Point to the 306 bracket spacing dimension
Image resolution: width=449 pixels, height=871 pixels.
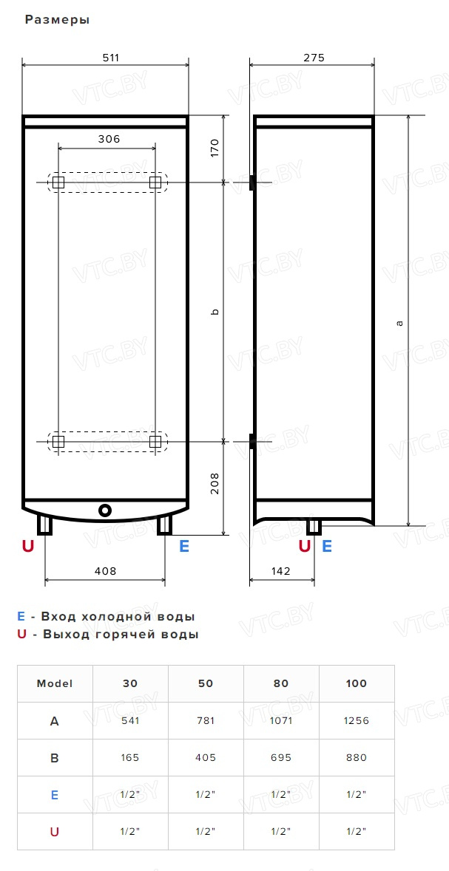[x=109, y=139]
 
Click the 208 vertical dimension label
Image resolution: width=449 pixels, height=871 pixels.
[x=215, y=483]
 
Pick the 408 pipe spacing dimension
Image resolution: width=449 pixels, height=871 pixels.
[x=105, y=570]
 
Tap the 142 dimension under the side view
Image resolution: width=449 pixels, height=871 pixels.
[x=281, y=570]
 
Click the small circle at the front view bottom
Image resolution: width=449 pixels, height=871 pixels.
[x=105, y=510]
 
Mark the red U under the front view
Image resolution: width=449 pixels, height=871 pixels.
[x=28, y=546]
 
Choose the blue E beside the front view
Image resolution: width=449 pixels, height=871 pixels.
[x=184, y=546]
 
